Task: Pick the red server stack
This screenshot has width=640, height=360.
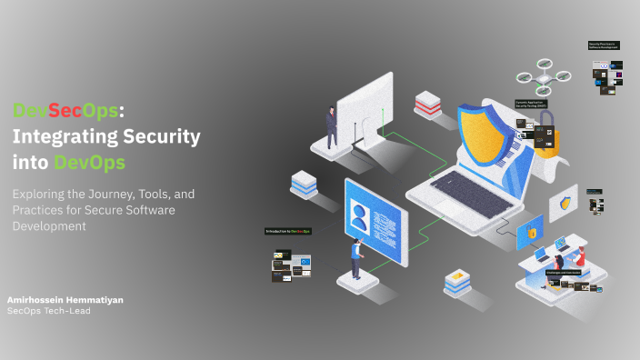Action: (427, 105)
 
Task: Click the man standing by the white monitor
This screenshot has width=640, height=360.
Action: (332, 126)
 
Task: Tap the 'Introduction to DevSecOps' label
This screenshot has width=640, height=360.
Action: (288, 231)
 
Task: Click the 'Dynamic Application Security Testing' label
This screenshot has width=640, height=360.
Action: (531, 105)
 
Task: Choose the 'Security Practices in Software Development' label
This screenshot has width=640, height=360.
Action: (604, 44)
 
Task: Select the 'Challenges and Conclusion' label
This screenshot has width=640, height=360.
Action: (564, 272)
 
